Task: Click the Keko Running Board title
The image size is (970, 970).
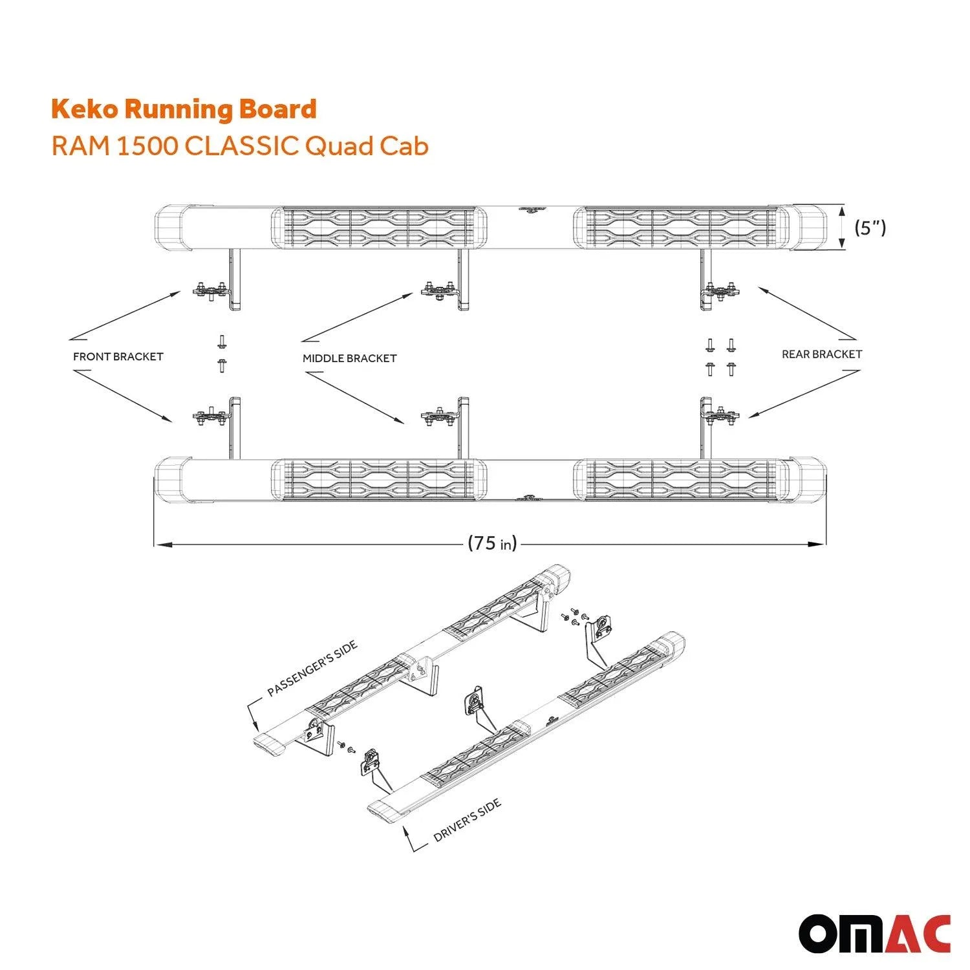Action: tap(184, 109)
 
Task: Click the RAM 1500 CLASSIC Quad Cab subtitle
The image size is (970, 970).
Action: tap(240, 146)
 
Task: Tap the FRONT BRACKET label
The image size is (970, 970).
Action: tap(118, 356)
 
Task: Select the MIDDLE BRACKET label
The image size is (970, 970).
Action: tap(349, 358)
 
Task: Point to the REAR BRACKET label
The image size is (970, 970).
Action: tap(822, 354)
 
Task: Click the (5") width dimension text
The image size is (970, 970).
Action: tap(870, 228)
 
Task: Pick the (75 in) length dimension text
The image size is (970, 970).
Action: tap(492, 543)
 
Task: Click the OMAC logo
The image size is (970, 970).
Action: tap(875, 934)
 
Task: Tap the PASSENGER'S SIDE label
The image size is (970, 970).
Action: tap(312, 669)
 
